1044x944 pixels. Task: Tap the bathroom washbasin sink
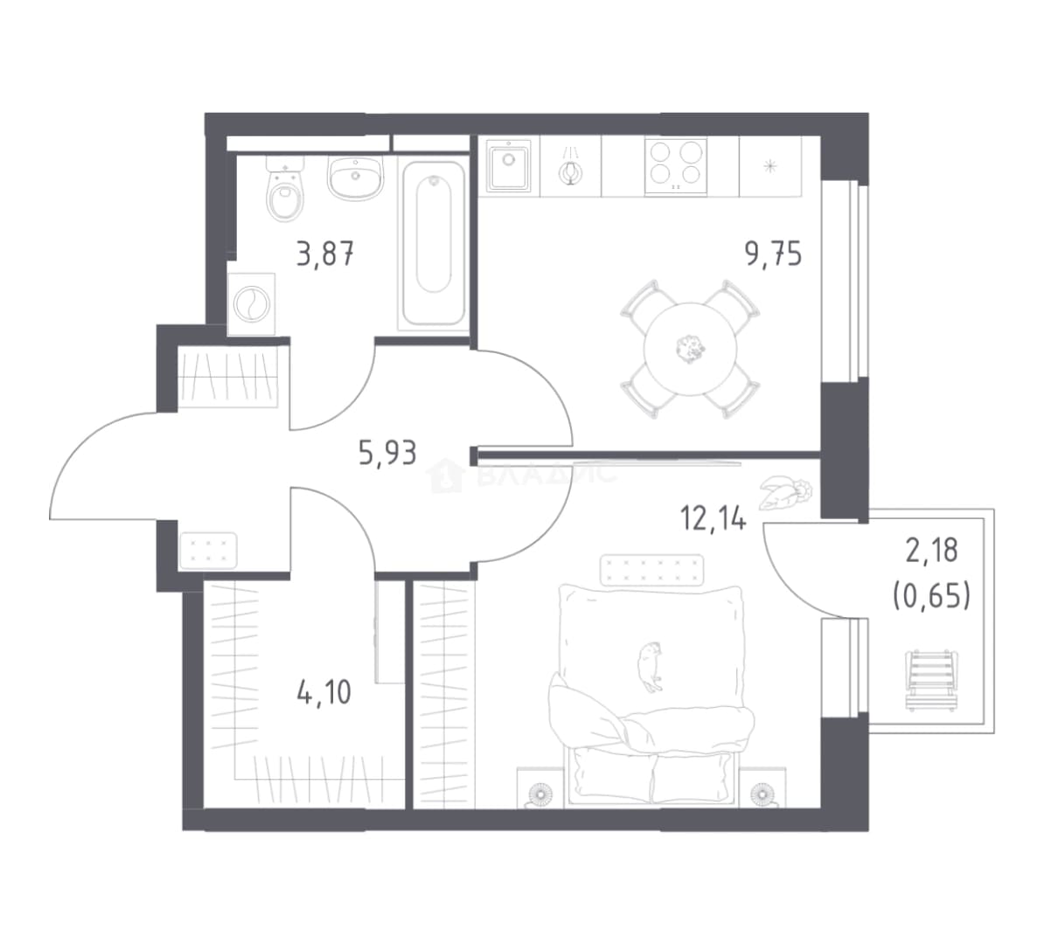pyautogui.click(x=356, y=177)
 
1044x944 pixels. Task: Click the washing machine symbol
pyautogui.click(x=251, y=303)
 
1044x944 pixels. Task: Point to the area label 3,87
pyautogui.click(x=325, y=254)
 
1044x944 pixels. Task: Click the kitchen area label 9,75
pyautogui.click(x=774, y=253)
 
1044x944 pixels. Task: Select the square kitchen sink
pyautogui.click(x=509, y=166)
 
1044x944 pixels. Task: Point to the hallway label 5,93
pyautogui.click(x=387, y=454)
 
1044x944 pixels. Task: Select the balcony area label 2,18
pyautogui.click(x=931, y=551)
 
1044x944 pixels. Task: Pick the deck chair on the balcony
pyautogui.click(x=931, y=680)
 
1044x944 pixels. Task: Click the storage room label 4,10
pyautogui.click(x=324, y=692)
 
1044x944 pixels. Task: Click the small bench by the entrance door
pyautogui.click(x=208, y=551)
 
